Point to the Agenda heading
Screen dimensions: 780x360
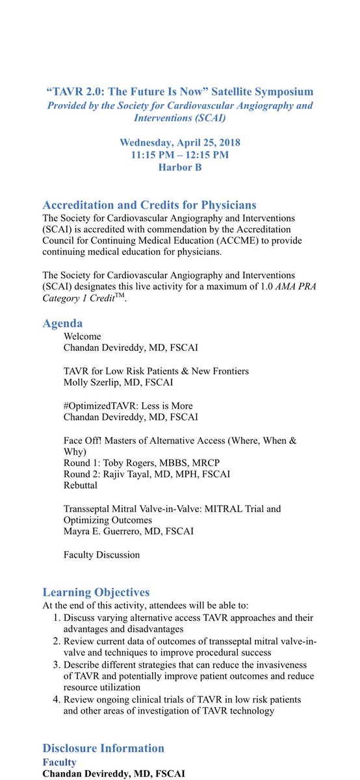62,322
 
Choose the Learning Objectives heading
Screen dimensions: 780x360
96,592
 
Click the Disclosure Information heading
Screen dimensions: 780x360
103,747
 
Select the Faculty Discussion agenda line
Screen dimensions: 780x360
101,554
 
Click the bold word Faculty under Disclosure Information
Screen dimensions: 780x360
60,762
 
